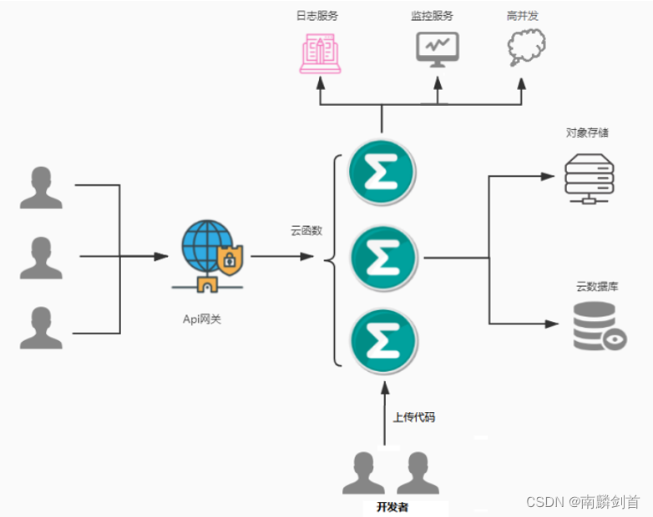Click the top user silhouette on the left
tap(41, 188)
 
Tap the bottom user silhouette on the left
tap(41, 327)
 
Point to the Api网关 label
tap(203, 318)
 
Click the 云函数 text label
tap(306, 232)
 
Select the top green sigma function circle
tap(383, 173)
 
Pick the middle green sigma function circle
tap(383, 257)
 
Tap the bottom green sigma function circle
tap(383, 339)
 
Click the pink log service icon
tap(321, 53)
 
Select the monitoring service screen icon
tap(437, 50)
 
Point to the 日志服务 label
tap(318, 15)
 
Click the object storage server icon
tap(589, 178)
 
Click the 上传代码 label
tap(414, 417)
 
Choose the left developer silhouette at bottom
tap(362, 474)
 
